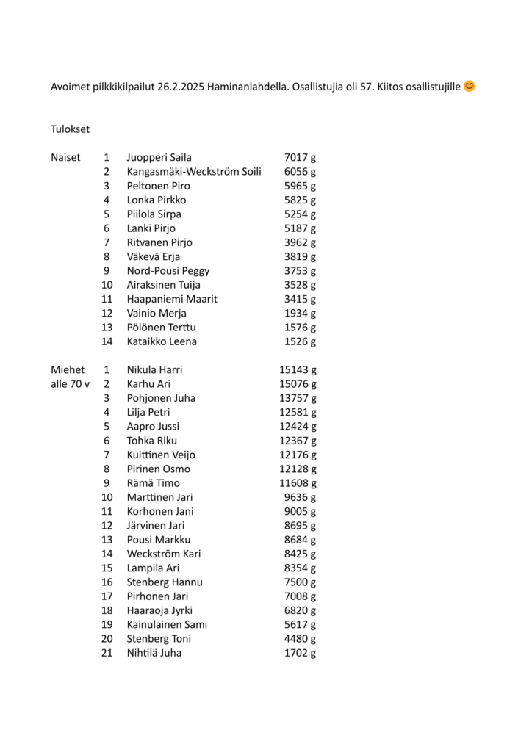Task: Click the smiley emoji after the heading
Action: tap(470, 86)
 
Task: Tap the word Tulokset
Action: tap(70, 129)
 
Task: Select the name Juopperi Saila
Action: tap(159, 157)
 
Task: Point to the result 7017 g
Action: tap(300, 157)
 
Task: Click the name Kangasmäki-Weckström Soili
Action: tap(194, 172)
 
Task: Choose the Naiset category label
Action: tap(65, 157)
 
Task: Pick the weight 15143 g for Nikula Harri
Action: tap(298, 370)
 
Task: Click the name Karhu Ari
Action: tap(149, 384)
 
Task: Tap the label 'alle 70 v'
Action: tap(70, 384)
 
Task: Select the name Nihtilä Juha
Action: tap(154, 653)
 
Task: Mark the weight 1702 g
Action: tap(300, 653)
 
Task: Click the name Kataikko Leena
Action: tap(162, 341)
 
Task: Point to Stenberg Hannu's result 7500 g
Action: tap(300, 582)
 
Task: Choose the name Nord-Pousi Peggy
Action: tap(168, 271)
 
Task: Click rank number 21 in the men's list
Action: tap(107, 653)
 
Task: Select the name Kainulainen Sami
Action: tap(167, 625)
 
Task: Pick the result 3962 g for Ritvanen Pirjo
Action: tap(300, 242)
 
